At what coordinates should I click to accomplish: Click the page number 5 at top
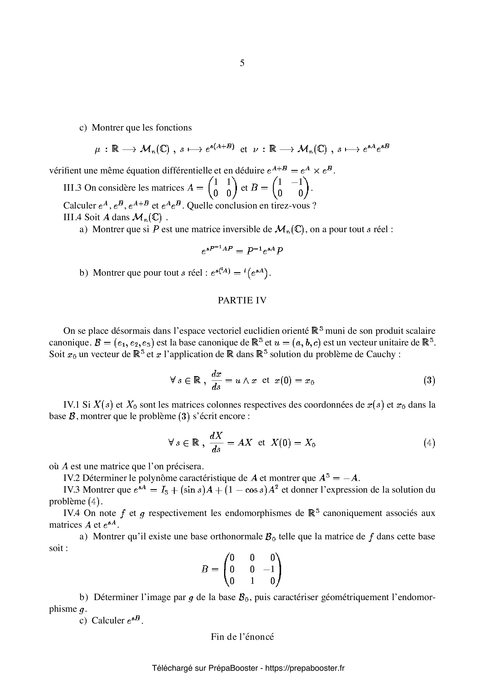click(242, 63)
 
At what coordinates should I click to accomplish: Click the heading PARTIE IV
click(242, 300)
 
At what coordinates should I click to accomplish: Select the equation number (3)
click(429, 380)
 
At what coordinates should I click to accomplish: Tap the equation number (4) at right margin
click(429, 443)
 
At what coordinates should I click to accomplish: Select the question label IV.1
click(72, 404)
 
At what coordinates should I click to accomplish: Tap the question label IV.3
click(72, 490)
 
